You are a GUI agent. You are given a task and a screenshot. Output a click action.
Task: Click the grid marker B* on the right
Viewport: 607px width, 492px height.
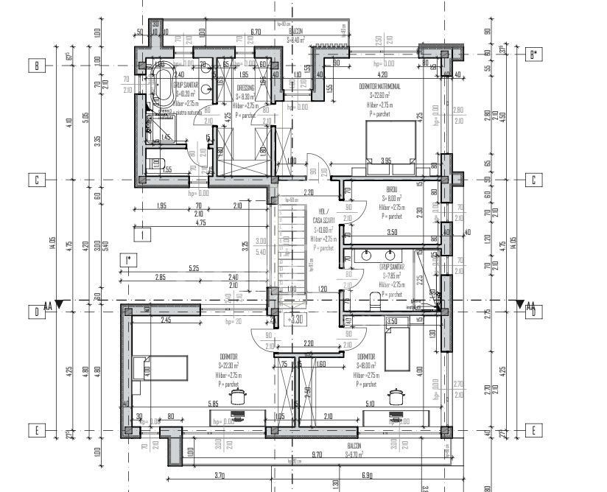click(536, 54)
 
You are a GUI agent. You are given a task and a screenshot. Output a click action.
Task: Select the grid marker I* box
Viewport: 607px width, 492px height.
click(129, 259)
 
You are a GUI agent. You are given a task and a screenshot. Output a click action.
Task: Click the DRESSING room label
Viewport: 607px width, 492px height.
click(245, 88)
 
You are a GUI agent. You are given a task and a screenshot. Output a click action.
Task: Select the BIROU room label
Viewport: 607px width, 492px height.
click(391, 189)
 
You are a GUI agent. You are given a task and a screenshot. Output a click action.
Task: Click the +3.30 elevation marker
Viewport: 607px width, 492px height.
click(296, 320)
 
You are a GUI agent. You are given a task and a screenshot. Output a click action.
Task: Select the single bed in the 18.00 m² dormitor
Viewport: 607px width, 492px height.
click(398, 349)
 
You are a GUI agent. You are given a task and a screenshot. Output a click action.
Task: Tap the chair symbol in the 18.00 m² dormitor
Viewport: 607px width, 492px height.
click(397, 397)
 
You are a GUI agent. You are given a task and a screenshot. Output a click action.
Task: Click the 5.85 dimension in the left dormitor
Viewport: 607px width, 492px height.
click(214, 404)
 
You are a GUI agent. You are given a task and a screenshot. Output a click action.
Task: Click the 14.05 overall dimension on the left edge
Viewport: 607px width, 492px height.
click(53, 244)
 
